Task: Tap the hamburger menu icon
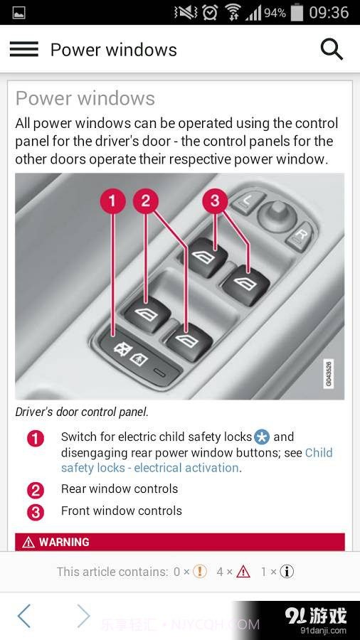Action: tap(23, 49)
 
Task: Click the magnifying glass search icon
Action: tap(332, 49)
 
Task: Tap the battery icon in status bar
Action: tap(297, 13)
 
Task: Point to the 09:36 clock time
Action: tap(329, 13)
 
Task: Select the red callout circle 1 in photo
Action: tap(112, 201)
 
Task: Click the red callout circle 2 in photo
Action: tap(146, 201)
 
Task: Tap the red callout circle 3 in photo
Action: tap(215, 201)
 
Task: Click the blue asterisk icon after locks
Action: tap(262, 437)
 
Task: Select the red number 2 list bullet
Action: tap(36, 490)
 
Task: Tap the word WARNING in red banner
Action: tap(64, 542)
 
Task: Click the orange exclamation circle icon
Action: tap(200, 571)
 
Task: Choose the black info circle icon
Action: tap(287, 571)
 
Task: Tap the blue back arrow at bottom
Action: tap(24, 616)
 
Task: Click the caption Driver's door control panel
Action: tap(82, 412)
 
